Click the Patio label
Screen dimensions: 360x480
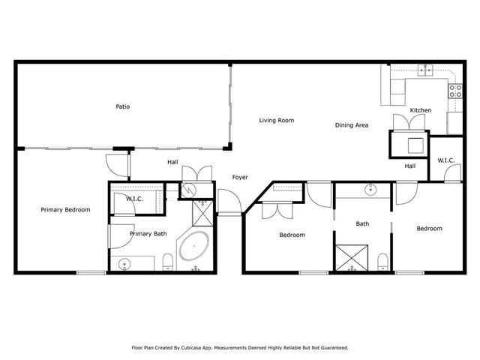click(123, 106)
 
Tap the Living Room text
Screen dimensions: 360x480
click(276, 120)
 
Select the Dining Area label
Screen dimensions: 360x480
click(351, 125)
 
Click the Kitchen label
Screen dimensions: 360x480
click(420, 110)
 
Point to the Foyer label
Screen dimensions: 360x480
click(239, 178)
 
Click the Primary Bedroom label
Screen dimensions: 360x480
click(65, 210)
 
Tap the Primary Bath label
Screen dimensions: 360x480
click(148, 234)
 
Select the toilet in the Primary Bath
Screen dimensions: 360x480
click(169, 262)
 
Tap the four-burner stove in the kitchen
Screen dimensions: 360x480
click(454, 91)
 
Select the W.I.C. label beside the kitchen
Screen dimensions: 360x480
click(445, 160)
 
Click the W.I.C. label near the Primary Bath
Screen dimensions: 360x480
click(135, 199)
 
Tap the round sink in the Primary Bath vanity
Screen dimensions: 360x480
click(124, 262)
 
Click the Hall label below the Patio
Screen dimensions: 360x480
click(172, 161)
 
